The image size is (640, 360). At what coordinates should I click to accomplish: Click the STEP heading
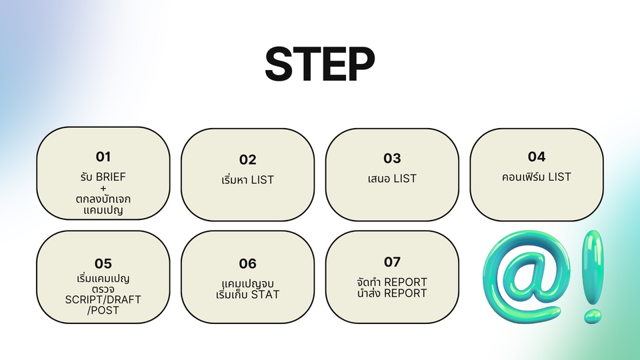pyautogui.click(x=319, y=65)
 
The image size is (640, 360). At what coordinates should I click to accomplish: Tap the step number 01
pyautogui.click(x=103, y=157)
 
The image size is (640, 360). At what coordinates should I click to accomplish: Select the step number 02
pyautogui.click(x=247, y=160)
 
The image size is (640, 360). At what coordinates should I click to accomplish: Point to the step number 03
pyautogui.click(x=392, y=159)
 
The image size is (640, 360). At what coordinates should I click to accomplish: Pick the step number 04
pyautogui.click(x=537, y=157)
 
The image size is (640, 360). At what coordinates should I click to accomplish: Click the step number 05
pyautogui.click(x=103, y=263)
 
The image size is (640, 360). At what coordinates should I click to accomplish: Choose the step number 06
pyautogui.click(x=247, y=264)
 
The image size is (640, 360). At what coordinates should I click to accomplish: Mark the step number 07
pyautogui.click(x=392, y=262)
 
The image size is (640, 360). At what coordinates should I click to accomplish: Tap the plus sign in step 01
pyautogui.click(x=103, y=188)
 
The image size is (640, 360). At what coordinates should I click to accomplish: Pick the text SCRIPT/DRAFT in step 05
pyautogui.click(x=103, y=299)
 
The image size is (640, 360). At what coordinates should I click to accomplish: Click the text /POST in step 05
pyautogui.click(x=103, y=310)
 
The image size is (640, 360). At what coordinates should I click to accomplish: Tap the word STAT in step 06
pyautogui.click(x=265, y=295)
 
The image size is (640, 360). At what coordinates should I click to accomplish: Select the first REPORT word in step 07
pyautogui.click(x=405, y=282)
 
